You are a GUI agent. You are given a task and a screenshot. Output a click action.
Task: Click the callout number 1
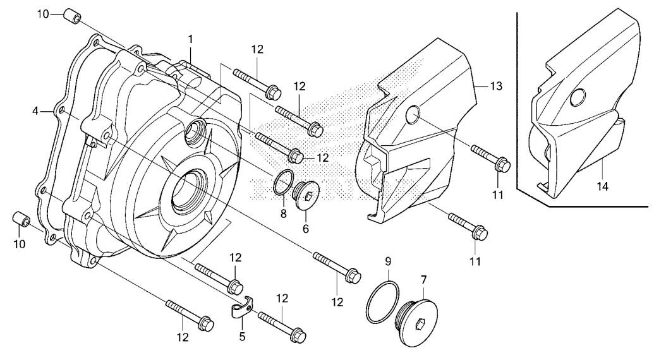[191, 40]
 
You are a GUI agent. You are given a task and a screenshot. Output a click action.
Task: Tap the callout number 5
[242, 337]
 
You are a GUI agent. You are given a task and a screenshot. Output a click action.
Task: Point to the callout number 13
[496, 86]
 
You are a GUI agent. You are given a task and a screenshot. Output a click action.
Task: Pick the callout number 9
[388, 261]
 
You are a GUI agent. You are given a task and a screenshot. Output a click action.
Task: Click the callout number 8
[283, 213]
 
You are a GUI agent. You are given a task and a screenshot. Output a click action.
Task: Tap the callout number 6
[306, 229]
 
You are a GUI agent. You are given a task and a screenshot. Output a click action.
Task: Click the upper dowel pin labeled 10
[72, 15]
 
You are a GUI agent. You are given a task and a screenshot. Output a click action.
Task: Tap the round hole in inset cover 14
[578, 98]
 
